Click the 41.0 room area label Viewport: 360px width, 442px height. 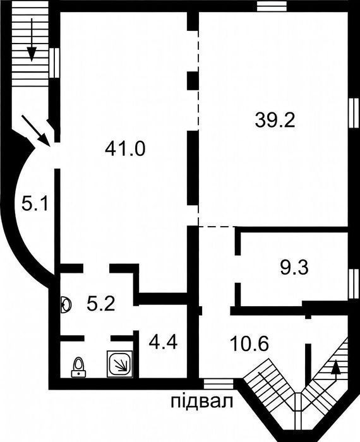[125, 149]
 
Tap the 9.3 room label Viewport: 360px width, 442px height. [294, 268]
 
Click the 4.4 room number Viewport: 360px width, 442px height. [163, 342]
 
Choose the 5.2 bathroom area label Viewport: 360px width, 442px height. [101, 304]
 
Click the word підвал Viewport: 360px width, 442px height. [202, 401]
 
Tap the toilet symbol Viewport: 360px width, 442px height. [78, 367]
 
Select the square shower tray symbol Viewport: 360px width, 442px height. [120, 364]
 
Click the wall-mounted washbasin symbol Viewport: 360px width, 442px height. [66, 305]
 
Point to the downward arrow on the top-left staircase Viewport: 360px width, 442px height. [32, 40]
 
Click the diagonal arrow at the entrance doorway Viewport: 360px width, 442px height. [36, 131]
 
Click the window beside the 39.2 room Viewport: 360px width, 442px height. [354, 113]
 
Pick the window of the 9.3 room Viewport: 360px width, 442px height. [354, 284]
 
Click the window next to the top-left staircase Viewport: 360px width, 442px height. [54, 63]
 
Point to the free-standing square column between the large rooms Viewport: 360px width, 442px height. [193, 81]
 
